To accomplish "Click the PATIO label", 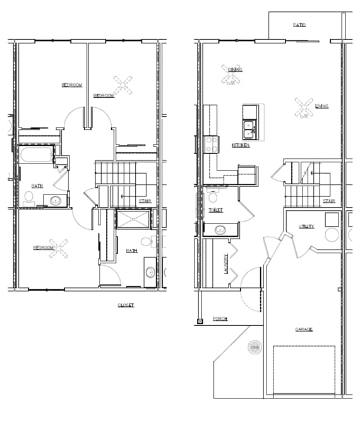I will (x=299, y=25).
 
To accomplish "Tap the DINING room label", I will (x=235, y=69).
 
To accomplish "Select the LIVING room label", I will (x=321, y=106).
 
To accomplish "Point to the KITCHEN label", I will (x=241, y=145).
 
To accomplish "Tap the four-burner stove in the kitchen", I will (x=210, y=143).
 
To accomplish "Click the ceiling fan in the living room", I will (x=304, y=107).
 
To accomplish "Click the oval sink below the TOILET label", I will (x=221, y=229).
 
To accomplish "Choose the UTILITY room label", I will (x=307, y=226).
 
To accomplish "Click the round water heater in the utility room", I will (x=333, y=236).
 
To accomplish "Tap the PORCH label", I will (x=220, y=319).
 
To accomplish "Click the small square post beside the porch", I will (x=200, y=321).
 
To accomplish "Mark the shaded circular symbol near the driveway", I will (x=255, y=348).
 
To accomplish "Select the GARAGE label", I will (x=304, y=330).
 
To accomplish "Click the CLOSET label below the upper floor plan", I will (x=126, y=305).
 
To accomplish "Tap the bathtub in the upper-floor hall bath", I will (x=35, y=155).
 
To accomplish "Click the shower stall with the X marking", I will (x=133, y=220).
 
